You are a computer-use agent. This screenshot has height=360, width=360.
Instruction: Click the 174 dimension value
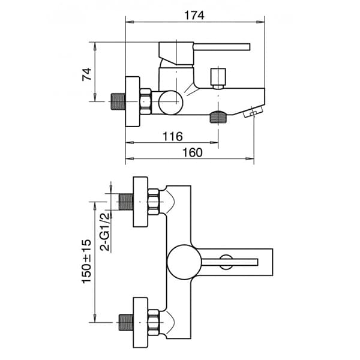pos(194,16)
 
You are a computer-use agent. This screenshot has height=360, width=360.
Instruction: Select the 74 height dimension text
pos(87,74)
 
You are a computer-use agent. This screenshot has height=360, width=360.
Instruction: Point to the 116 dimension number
pos(172,137)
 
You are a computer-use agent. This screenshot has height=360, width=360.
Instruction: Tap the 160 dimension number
pos(191,152)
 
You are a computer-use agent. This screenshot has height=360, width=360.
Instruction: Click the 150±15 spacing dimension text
pos(86,261)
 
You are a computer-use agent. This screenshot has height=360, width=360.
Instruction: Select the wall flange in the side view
pos(132,101)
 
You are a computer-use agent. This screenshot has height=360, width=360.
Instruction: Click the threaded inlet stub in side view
pos(116,101)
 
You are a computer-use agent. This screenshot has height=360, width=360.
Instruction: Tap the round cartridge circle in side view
pos(169,101)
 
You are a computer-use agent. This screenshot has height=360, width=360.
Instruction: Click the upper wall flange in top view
pos(140,202)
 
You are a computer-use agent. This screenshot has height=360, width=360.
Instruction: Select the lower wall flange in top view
pos(140,322)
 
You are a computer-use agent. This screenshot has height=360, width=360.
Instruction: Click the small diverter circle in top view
pos(226,260)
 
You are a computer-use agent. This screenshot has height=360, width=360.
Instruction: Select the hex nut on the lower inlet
pos(154,322)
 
